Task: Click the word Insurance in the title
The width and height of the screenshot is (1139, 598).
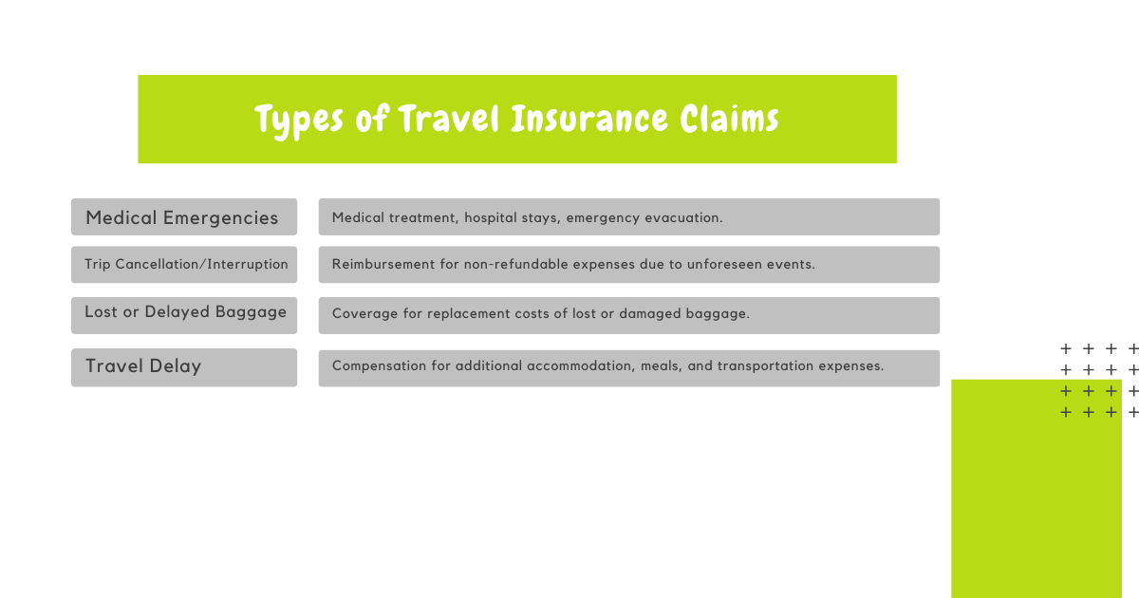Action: (x=588, y=119)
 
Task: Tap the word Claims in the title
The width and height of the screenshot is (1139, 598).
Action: (x=729, y=119)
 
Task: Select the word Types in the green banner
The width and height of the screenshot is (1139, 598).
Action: (x=299, y=121)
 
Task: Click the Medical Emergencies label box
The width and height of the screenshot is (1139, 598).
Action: (x=184, y=216)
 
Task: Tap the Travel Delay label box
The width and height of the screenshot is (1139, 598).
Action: (x=184, y=367)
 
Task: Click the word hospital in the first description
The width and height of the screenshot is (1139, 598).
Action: (x=489, y=218)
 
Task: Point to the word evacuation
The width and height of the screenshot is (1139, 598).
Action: (x=683, y=217)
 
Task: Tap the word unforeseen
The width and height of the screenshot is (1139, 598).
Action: (x=724, y=264)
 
